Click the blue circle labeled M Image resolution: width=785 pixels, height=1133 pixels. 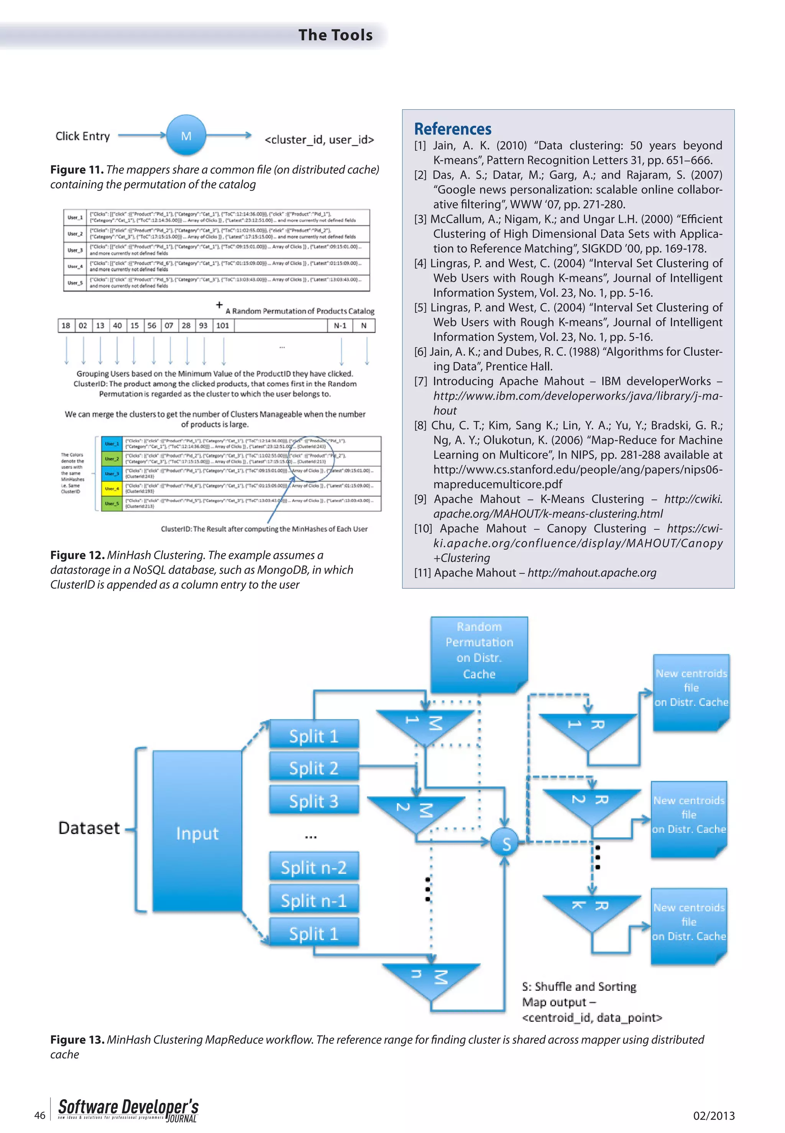tap(186, 136)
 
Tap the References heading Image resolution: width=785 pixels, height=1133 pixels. tap(453, 129)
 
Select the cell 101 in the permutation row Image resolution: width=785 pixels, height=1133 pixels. tap(223, 325)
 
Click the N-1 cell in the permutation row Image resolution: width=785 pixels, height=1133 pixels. tap(340, 325)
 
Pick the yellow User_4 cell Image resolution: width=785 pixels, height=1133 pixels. tap(111, 489)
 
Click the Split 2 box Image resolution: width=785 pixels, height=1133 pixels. tap(314, 768)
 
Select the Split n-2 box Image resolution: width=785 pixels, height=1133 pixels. tap(314, 868)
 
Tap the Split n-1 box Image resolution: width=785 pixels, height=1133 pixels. tap(314, 901)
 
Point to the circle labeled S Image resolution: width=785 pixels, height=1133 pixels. tap(506, 844)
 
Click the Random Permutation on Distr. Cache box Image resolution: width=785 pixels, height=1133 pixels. tap(479, 650)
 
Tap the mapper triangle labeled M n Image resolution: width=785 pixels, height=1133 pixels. tap(431, 979)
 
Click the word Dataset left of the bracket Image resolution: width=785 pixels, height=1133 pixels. tap(89, 828)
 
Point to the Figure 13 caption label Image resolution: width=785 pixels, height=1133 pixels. tap(77, 1039)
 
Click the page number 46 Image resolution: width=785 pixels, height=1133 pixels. tap(40, 1115)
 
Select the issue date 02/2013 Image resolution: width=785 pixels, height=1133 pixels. tap(714, 1116)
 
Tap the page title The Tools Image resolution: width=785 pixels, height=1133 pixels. tap(335, 35)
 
